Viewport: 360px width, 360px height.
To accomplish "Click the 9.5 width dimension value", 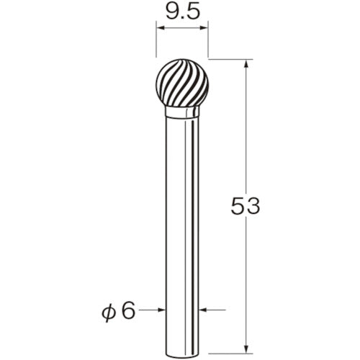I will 181,12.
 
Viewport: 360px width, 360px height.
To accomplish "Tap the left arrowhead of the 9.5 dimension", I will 161,30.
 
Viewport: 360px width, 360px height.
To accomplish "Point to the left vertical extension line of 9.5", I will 156,43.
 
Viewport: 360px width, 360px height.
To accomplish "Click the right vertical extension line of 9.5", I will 208,43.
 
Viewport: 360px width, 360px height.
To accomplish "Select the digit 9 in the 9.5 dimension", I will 171,12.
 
